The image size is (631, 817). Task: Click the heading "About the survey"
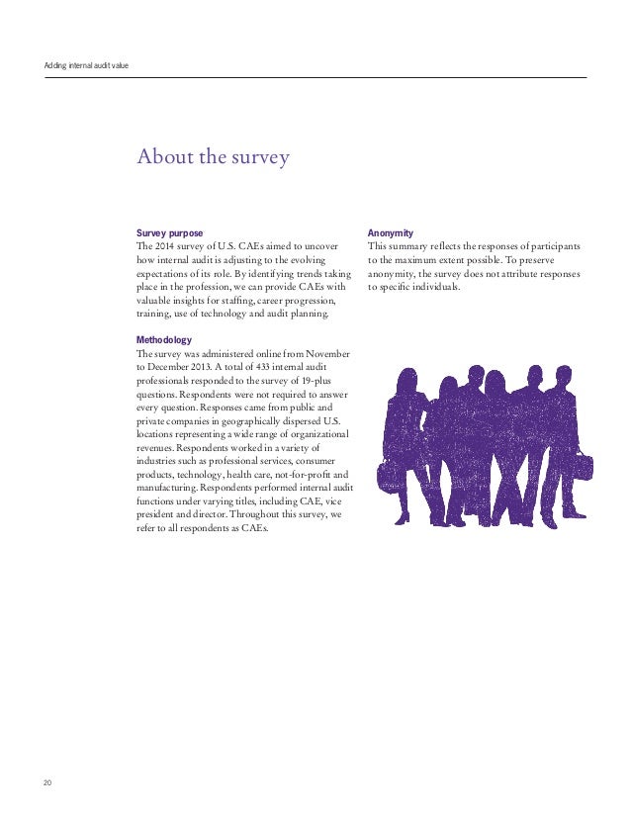(x=213, y=157)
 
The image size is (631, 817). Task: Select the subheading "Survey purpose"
(x=169, y=232)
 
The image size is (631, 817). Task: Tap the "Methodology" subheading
(x=163, y=340)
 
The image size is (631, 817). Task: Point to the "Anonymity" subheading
(x=390, y=232)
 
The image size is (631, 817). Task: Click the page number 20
(x=47, y=783)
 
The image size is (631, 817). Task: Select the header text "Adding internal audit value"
(x=86, y=66)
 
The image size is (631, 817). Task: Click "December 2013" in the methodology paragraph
(x=181, y=367)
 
